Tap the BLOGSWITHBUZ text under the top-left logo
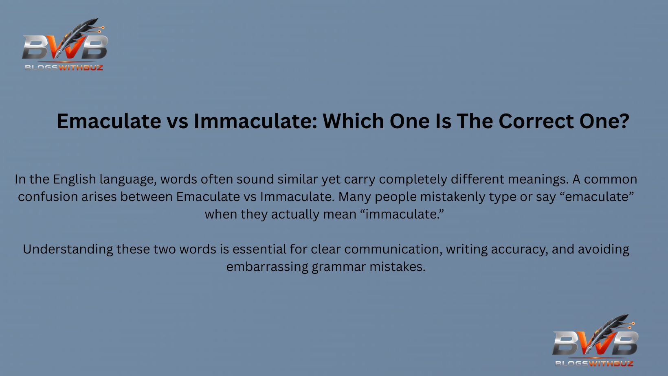coord(64,68)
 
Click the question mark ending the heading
coord(624,121)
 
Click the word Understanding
coord(68,249)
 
